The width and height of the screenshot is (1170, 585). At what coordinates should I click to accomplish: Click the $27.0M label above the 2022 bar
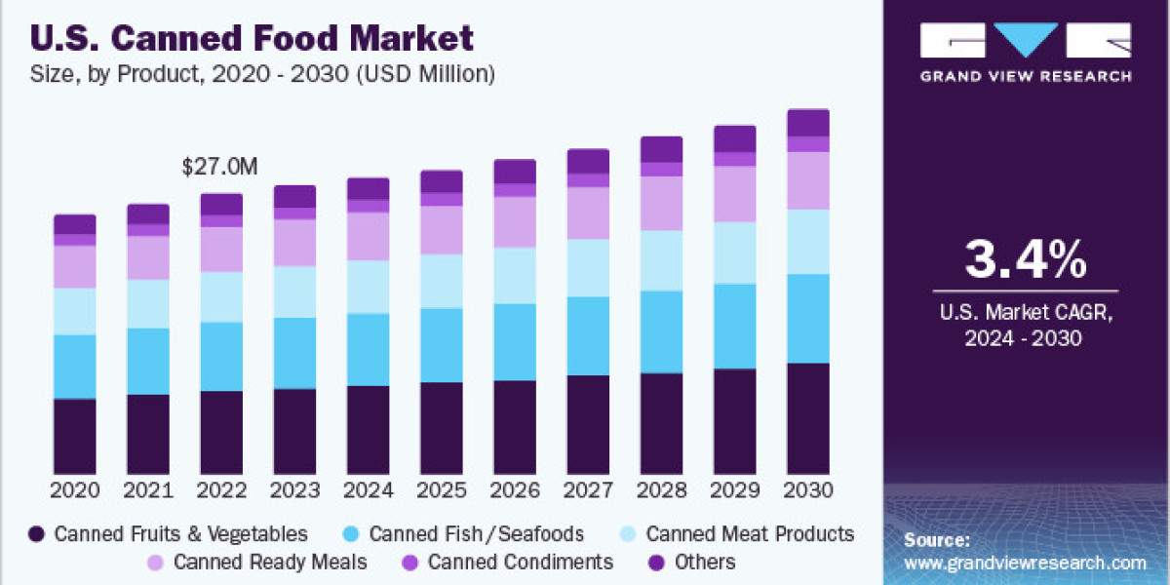pyautogui.click(x=220, y=167)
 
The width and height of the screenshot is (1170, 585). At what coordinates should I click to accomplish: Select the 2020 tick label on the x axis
pyautogui.click(x=75, y=489)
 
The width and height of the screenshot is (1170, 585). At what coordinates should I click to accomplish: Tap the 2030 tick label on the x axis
pyautogui.click(x=808, y=489)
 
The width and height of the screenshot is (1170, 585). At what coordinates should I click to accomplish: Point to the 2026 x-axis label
pyautogui.click(x=515, y=489)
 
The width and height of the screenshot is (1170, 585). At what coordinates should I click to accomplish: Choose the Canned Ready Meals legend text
pyautogui.click(x=270, y=563)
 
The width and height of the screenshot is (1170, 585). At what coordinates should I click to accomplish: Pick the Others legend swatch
pyautogui.click(x=657, y=563)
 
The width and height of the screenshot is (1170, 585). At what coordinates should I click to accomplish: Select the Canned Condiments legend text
pyautogui.click(x=521, y=563)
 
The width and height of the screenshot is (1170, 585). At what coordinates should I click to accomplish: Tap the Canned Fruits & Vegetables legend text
pyautogui.click(x=181, y=534)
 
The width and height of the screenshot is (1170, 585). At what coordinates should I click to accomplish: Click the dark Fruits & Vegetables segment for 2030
pyautogui.click(x=808, y=418)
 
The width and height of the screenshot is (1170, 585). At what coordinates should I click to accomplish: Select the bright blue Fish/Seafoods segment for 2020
pyautogui.click(x=75, y=367)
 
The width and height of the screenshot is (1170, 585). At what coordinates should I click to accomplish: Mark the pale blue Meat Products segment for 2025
pyautogui.click(x=442, y=282)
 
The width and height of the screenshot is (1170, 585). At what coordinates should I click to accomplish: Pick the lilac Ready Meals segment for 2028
pyautogui.click(x=661, y=204)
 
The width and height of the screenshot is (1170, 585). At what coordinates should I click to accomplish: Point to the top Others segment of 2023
pyautogui.click(x=294, y=196)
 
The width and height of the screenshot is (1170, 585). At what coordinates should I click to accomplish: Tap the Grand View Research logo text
pyautogui.click(x=1026, y=76)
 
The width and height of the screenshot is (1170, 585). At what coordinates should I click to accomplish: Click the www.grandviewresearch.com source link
pyautogui.click(x=1025, y=563)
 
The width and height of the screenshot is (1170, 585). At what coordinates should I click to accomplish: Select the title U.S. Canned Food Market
pyautogui.click(x=253, y=40)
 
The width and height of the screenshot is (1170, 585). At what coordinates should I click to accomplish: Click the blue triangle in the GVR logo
pyautogui.click(x=1026, y=39)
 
